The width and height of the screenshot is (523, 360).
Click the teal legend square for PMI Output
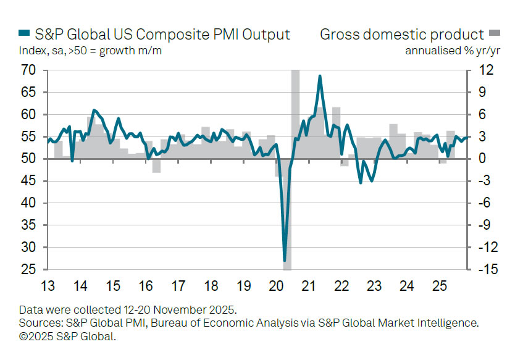coord(23,34)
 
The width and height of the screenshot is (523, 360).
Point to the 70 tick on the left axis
coord(28,70)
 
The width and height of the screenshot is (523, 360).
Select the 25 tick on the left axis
coord(28,270)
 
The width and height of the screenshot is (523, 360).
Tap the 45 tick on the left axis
coord(28,181)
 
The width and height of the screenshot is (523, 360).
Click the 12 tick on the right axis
coord(487,70)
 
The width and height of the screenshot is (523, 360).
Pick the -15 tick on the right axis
coord(485,270)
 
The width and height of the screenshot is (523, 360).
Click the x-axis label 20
coord(276,287)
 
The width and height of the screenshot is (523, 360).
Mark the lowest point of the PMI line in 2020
coord(285,261)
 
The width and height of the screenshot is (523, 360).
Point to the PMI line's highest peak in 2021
coord(320,76)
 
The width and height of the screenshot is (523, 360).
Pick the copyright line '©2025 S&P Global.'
coord(67,337)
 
